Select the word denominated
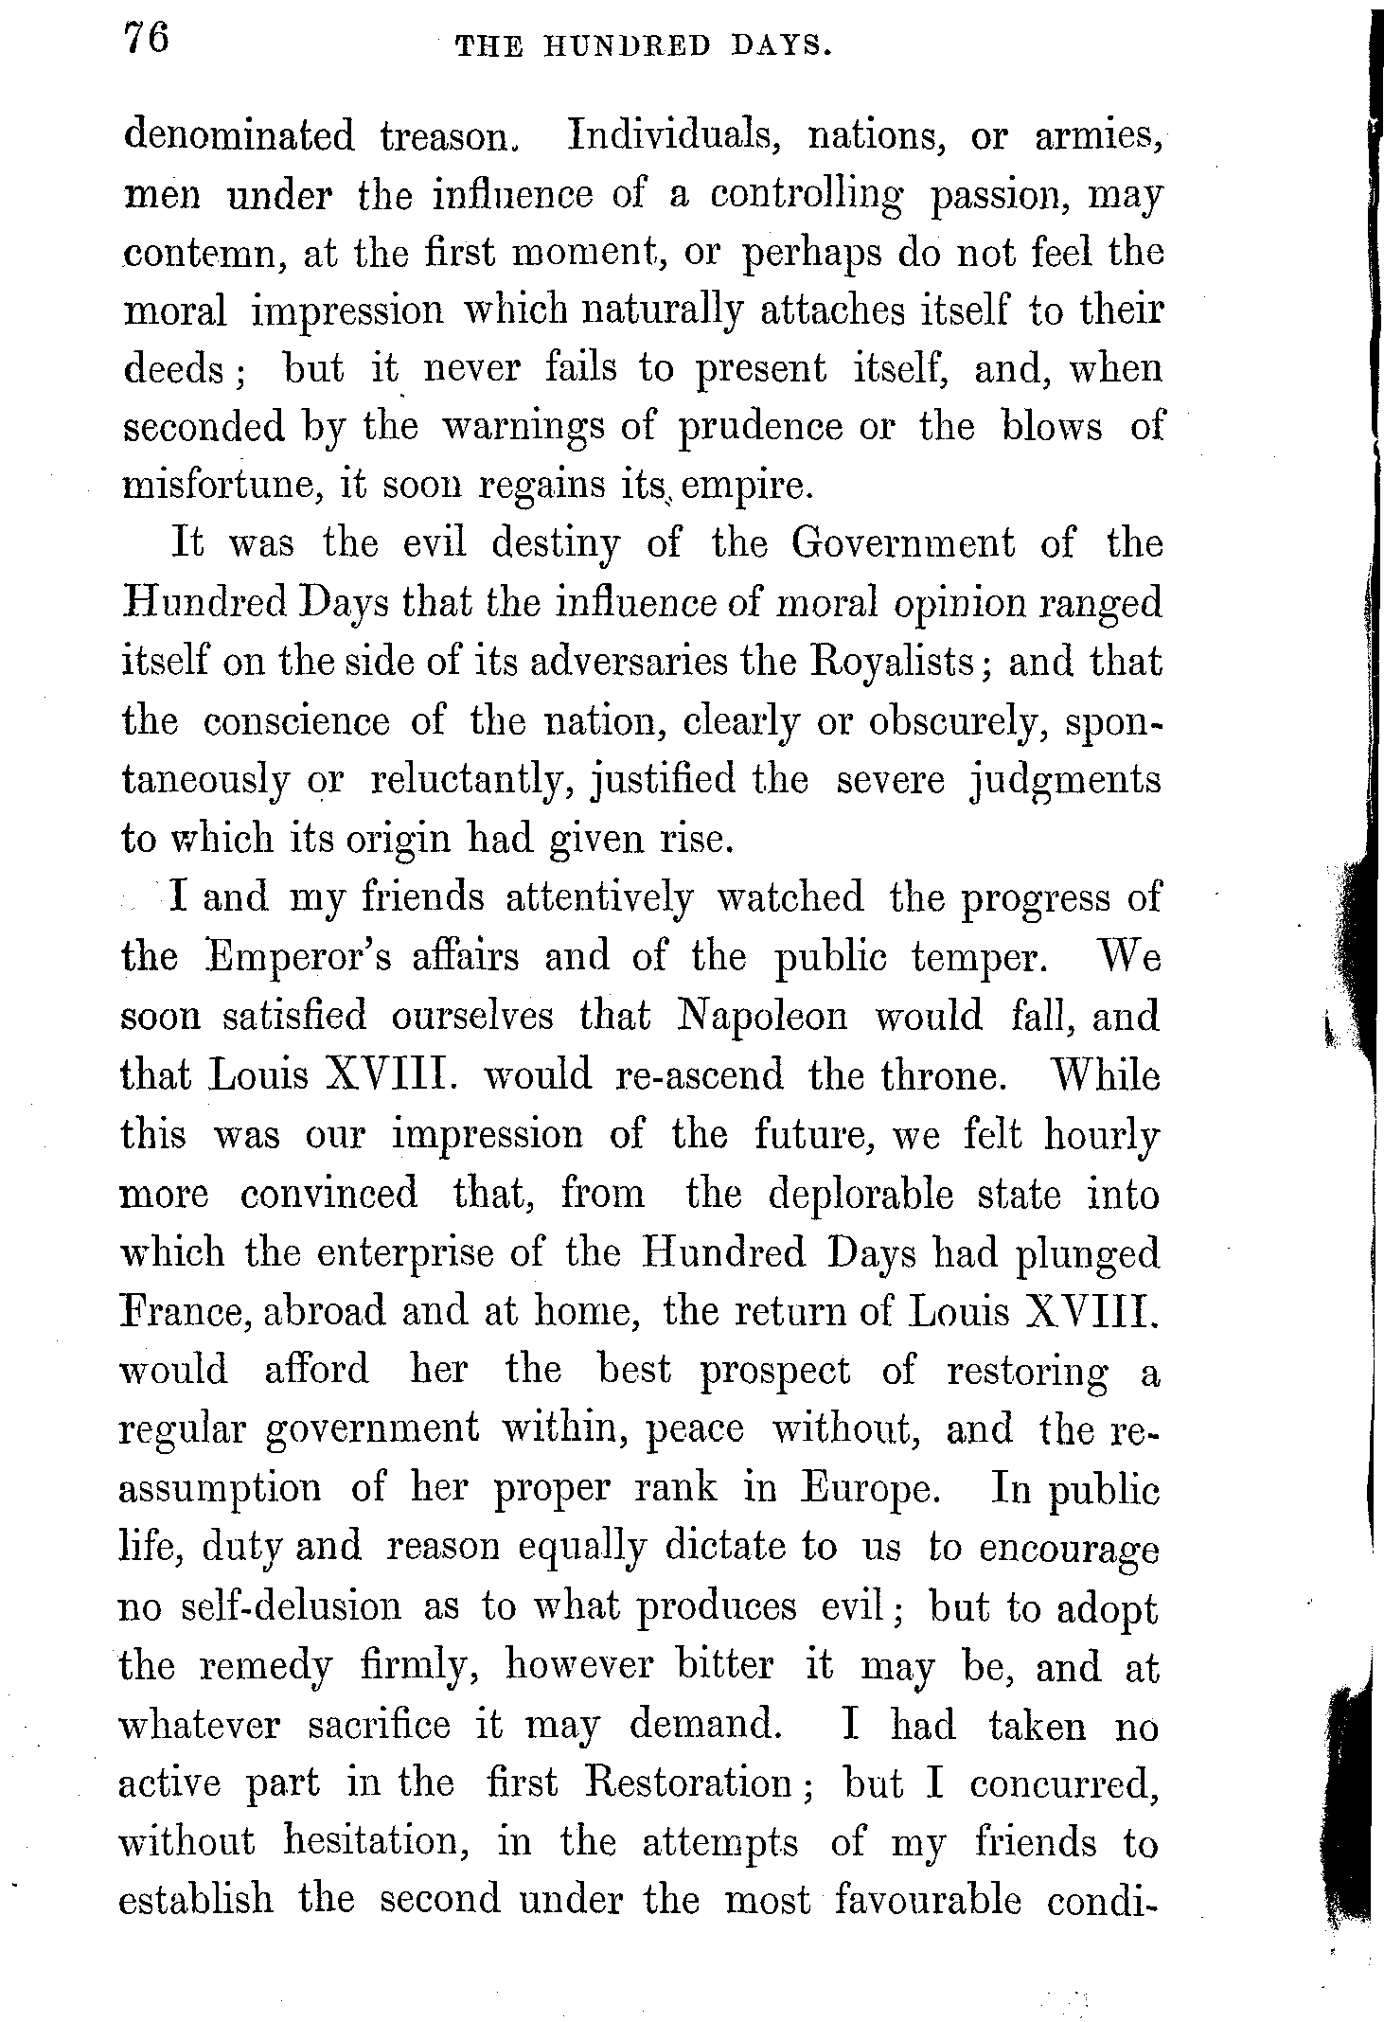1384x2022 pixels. tap(240, 136)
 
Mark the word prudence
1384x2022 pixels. tap(759, 428)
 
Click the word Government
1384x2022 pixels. tap(904, 544)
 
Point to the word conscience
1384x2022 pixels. tap(295, 721)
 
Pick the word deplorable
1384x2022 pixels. tap(860, 1194)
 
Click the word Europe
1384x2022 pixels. tap(868, 1489)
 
